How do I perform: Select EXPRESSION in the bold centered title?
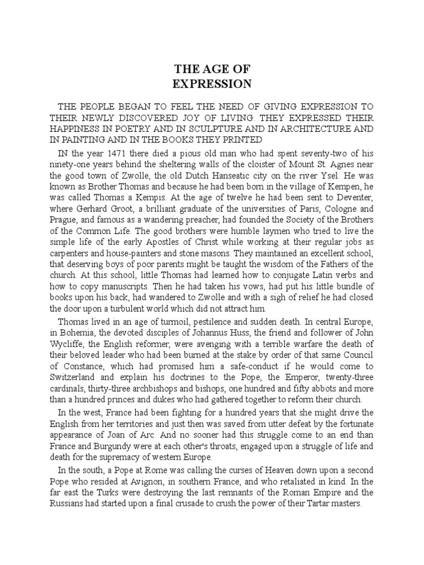212,84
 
